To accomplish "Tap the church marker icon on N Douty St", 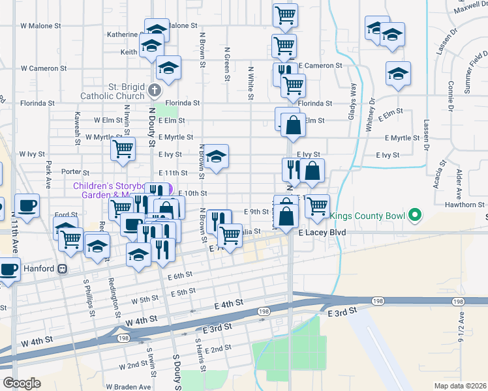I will click(x=154, y=90).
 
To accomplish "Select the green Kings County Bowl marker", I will click(x=414, y=215).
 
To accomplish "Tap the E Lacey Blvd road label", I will click(x=320, y=232).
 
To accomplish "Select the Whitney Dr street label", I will click(x=370, y=113).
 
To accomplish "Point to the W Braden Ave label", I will click(x=128, y=386).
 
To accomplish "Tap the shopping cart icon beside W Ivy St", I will click(x=123, y=149).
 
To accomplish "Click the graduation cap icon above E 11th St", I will click(x=217, y=156).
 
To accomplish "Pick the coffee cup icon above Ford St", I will click(x=27, y=205).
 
